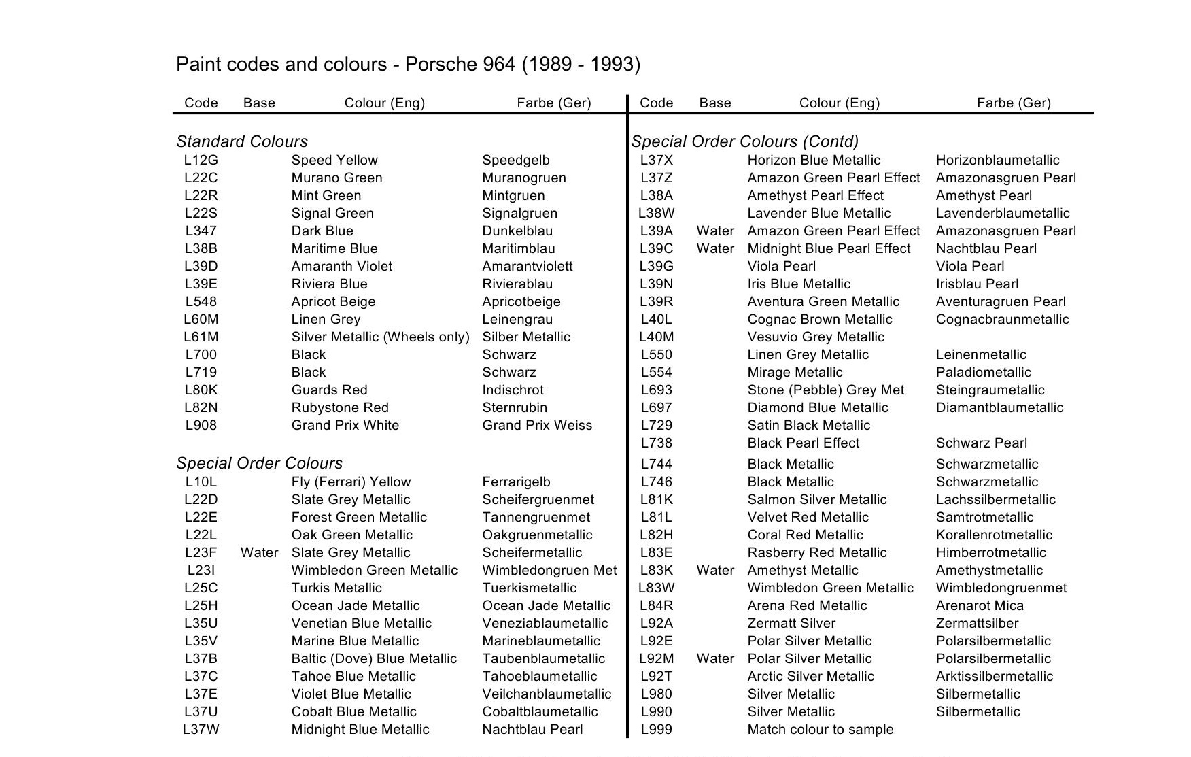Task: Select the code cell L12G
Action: click(201, 161)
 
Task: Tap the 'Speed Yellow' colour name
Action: click(334, 161)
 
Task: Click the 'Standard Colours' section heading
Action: click(242, 141)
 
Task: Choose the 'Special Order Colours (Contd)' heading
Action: click(745, 141)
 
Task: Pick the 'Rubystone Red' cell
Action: click(340, 408)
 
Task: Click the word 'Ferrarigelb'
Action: click(517, 482)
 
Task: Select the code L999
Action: click(657, 730)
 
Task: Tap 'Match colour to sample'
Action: click(821, 730)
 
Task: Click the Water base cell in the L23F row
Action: click(259, 553)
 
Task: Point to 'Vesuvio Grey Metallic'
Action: click(816, 337)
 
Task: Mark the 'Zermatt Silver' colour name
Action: click(791, 624)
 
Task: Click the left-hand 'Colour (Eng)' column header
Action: click(385, 103)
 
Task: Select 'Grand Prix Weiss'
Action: click(537, 426)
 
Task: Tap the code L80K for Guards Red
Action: click(201, 390)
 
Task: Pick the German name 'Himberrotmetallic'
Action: click(991, 553)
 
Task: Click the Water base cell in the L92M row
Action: click(715, 659)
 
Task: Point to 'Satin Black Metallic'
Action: click(809, 426)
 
